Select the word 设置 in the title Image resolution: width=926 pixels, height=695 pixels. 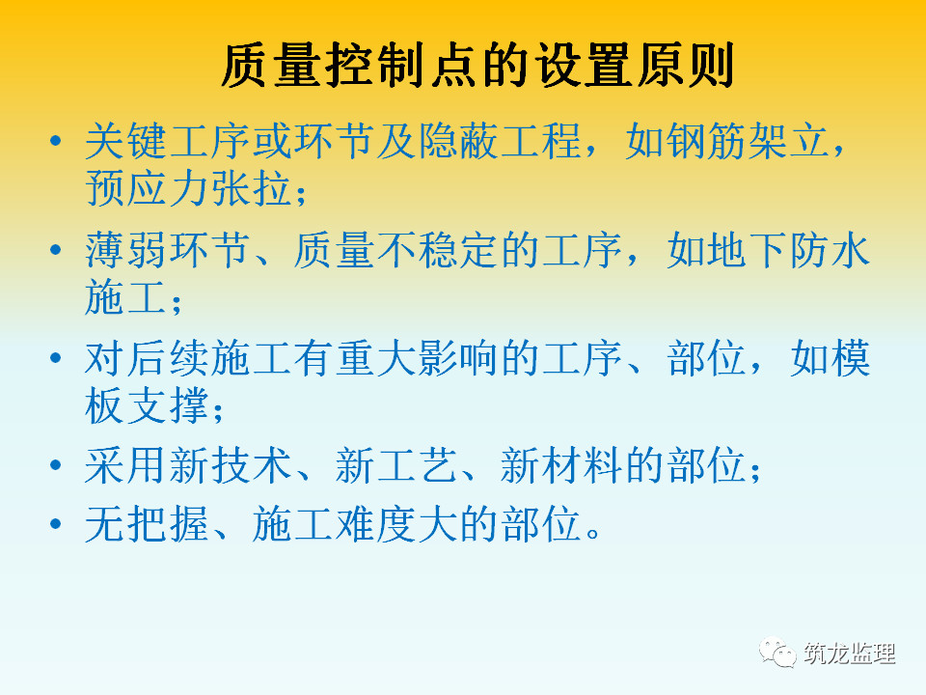tap(580, 65)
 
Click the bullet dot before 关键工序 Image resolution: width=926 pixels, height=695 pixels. tap(56, 141)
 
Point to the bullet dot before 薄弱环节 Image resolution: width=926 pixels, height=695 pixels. tap(56, 250)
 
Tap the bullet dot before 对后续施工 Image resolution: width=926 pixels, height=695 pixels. tap(56, 358)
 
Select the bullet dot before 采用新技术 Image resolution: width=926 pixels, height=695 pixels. tap(56, 465)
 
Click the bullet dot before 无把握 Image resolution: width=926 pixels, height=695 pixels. tap(56, 524)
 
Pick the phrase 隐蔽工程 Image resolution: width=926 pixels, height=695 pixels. tap(501, 141)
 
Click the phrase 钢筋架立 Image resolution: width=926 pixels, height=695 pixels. tap(728, 141)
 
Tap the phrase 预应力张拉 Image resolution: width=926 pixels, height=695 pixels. tap(188, 188)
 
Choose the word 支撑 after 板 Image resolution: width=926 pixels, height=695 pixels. tap(168, 405)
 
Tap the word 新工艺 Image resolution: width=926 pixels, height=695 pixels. tap(396, 465)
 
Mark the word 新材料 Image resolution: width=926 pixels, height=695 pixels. tap(561, 465)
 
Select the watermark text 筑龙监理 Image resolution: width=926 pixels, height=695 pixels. tap(849, 653)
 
